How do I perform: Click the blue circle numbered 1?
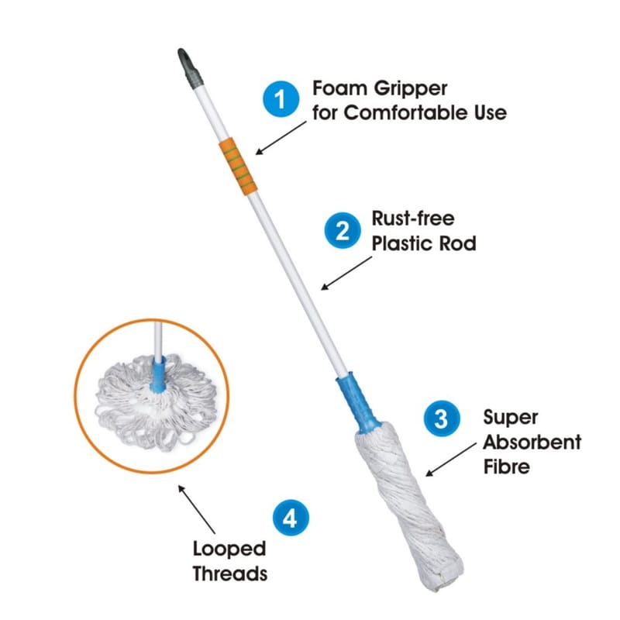pos(281,99)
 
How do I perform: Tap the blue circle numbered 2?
pos(343,230)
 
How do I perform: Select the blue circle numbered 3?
pos(442,418)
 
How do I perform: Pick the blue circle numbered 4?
pos(291,518)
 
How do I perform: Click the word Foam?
pos(339,88)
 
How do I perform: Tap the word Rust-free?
pos(413,219)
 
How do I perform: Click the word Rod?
pos(457,243)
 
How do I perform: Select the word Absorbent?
pos(532,442)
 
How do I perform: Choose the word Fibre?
pos(507,467)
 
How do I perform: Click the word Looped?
pos(229,550)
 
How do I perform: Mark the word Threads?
pos(230,573)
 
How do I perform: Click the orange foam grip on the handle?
pos(238,167)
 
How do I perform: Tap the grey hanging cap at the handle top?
pos(190,69)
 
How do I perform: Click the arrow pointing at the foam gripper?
pos(281,138)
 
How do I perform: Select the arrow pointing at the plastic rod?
pos(346,274)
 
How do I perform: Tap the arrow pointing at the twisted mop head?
pos(451,460)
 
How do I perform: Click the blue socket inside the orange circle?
pos(159,375)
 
